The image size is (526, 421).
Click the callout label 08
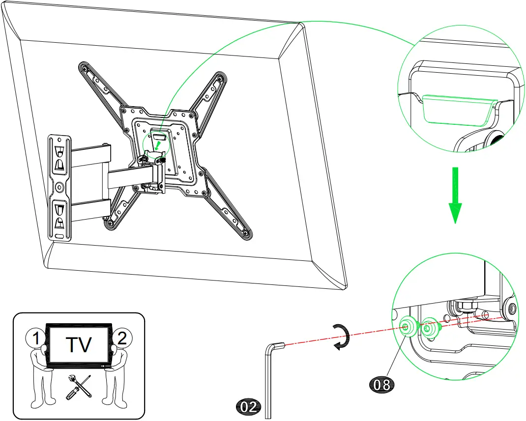tap(382, 384)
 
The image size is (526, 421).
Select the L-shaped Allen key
tap(269, 373)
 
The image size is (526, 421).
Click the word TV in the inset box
tap(79, 344)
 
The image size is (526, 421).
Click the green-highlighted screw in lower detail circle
tap(408, 326)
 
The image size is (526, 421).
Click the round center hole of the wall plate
tap(59, 187)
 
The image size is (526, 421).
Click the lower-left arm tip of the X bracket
tap(110, 224)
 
